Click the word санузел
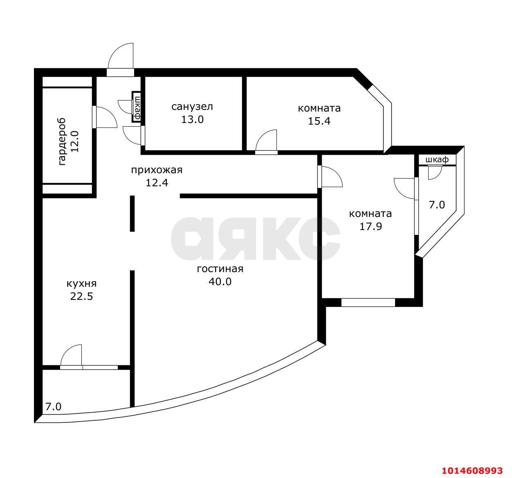192,106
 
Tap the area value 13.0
192,120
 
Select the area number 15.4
319,121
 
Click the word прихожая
157,170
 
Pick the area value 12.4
157,183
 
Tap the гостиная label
220,269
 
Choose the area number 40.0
220,281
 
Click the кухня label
81,284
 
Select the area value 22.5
81,296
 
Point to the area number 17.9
371,226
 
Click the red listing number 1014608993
472,471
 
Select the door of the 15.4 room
266,142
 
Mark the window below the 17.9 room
368,302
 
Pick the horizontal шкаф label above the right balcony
437,159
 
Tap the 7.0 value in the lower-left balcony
53,407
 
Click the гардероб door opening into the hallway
105,117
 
